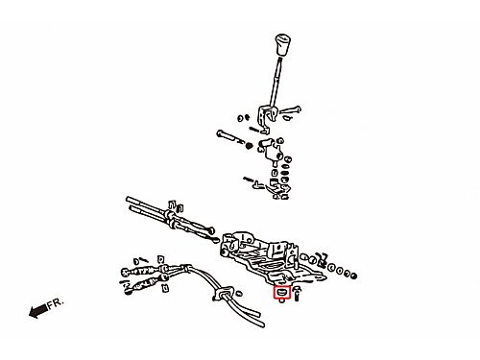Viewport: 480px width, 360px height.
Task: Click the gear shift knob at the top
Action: point(282,44)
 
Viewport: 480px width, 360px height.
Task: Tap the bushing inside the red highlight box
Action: point(282,292)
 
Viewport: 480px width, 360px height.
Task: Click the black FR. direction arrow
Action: point(38,311)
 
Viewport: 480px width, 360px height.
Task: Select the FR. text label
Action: point(56,303)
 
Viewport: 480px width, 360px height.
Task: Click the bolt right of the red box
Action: point(297,294)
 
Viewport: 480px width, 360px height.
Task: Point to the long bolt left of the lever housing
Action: point(229,137)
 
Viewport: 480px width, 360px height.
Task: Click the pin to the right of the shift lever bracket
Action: point(290,110)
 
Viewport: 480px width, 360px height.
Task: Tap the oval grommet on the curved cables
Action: point(224,295)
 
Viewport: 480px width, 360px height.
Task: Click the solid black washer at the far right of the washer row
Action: point(353,276)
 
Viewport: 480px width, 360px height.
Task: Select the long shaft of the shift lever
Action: point(276,83)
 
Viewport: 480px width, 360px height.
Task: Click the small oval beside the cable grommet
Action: point(239,293)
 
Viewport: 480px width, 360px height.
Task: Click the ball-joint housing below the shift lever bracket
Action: point(273,151)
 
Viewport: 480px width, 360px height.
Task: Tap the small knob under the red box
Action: point(282,300)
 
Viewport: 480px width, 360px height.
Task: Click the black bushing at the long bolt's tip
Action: point(249,146)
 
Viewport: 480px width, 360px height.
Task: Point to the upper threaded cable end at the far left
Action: point(139,271)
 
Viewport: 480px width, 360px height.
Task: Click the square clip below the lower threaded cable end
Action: point(165,288)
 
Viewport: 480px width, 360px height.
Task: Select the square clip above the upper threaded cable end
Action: point(161,259)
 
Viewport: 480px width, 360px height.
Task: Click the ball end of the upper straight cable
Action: point(211,230)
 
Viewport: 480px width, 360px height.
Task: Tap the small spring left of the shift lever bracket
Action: point(254,129)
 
